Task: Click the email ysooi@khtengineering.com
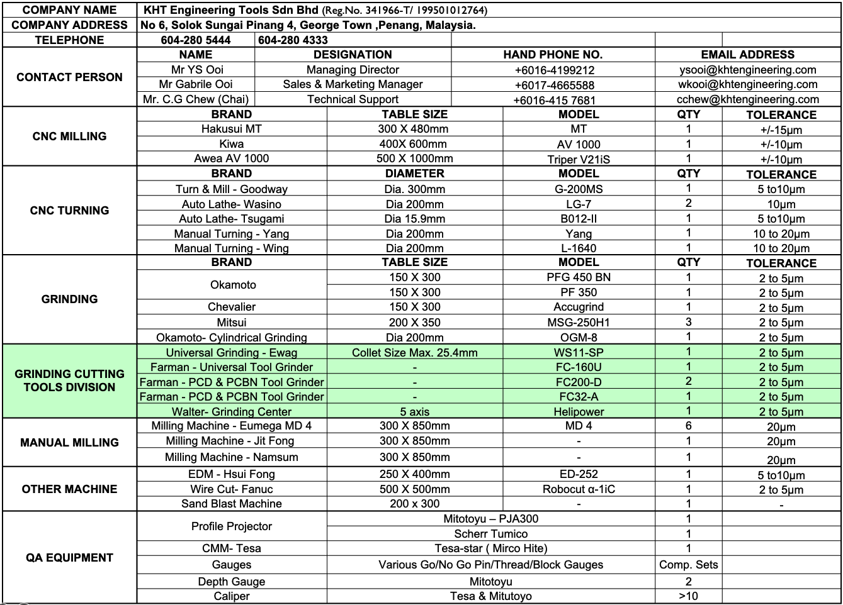pyautogui.click(x=747, y=70)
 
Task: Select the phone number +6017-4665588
pyautogui.click(x=554, y=85)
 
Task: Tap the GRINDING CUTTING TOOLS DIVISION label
pyautogui.click(x=69, y=380)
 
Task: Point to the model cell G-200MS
pyautogui.click(x=579, y=189)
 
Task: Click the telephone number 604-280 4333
pyautogui.click(x=293, y=40)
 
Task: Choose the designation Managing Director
pyautogui.click(x=353, y=70)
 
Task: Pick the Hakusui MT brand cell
pyautogui.click(x=231, y=129)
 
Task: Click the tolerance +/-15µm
pyautogui.click(x=781, y=130)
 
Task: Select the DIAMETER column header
pyautogui.click(x=414, y=174)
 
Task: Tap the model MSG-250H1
pyautogui.click(x=579, y=322)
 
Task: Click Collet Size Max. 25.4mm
pyautogui.click(x=414, y=353)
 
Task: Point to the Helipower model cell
pyautogui.click(x=579, y=412)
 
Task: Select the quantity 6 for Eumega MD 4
pyautogui.click(x=688, y=426)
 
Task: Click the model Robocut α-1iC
pyautogui.click(x=579, y=489)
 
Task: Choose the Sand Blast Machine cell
pyautogui.click(x=231, y=504)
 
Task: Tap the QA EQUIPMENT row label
pyautogui.click(x=69, y=558)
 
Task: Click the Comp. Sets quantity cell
pyautogui.click(x=688, y=565)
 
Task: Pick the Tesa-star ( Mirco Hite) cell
pyautogui.click(x=490, y=548)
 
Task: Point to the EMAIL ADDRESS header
pyautogui.click(x=747, y=55)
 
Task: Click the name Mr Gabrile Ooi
pyautogui.click(x=196, y=84)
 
